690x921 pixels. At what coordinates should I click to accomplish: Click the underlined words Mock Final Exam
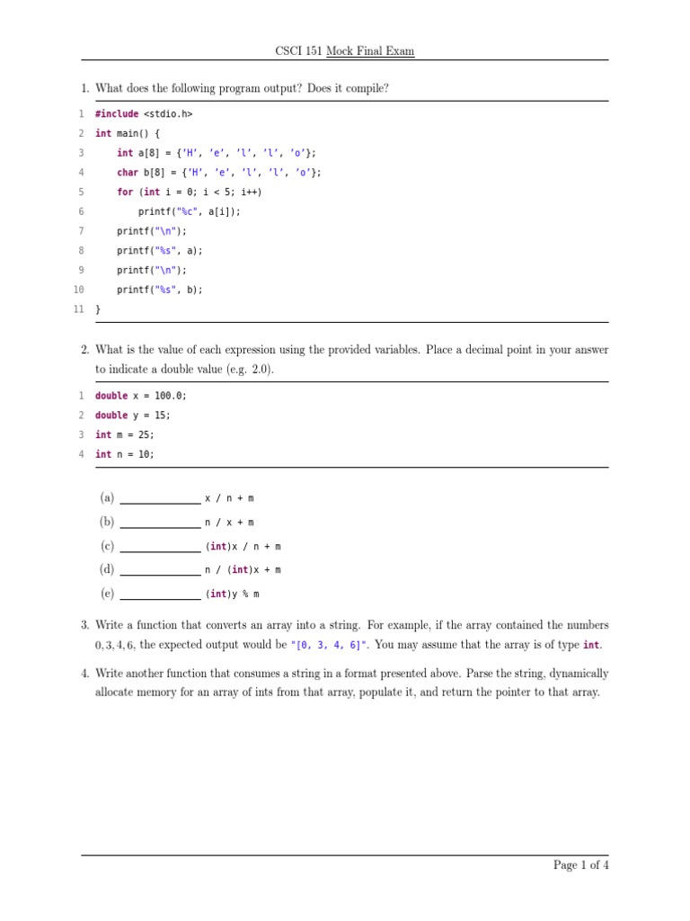click(370, 51)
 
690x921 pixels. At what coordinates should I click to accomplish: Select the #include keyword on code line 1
click(117, 114)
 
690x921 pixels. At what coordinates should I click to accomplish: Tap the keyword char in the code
click(127, 173)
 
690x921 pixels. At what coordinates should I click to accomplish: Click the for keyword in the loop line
click(124, 192)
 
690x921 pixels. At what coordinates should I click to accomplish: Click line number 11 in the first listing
click(78, 309)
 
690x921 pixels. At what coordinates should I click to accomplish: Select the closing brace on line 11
click(98, 309)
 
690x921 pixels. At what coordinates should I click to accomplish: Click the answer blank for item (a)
click(160, 502)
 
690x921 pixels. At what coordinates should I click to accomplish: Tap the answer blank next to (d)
click(160, 574)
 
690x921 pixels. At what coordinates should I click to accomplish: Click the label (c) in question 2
click(107, 546)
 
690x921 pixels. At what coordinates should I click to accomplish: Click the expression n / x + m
click(229, 523)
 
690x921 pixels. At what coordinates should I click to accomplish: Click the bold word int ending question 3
click(591, 645)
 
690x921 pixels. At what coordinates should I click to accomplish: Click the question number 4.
click(84, 674)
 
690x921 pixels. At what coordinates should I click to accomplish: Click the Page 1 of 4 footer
click(581, 865)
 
